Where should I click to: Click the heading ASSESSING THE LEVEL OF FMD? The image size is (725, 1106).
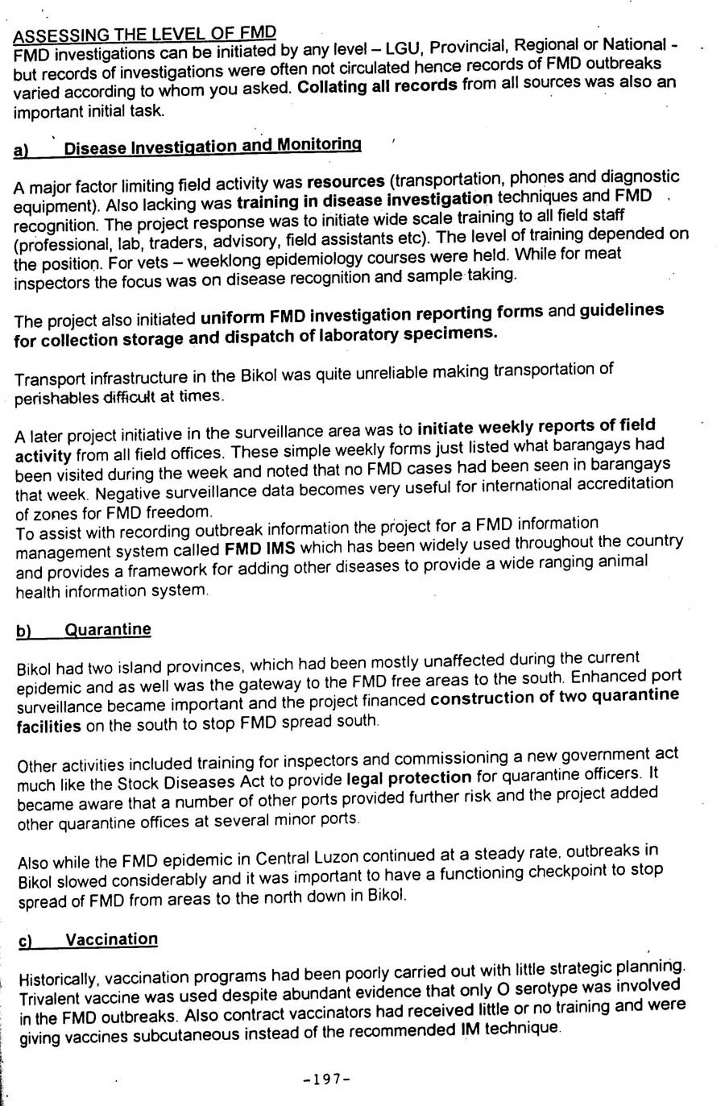coord(145,34)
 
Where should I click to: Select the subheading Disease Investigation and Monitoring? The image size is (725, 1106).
coord(212,147)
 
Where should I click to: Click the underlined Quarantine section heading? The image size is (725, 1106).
coord(107,630)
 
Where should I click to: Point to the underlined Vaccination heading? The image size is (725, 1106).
coord(111,939)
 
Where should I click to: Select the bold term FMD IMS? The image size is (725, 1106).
coord(254,550)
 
